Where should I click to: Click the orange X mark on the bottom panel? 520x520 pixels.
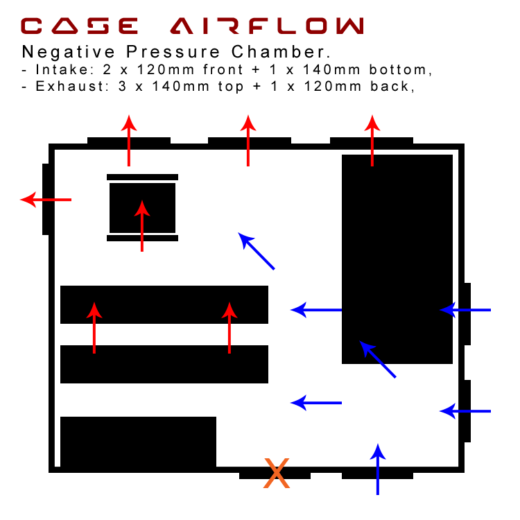click(x=277, y=474)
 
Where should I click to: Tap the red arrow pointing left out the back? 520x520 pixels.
click(x=46, y=200)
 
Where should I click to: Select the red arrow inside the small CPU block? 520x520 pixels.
click(x=142, y=226)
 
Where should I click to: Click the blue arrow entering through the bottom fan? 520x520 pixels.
click(x=378, y=469)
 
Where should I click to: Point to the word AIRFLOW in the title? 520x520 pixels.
click(x=267, y=26)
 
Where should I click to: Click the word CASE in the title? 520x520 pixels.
click(x=79, y=26)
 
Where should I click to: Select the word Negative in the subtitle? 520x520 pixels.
click(x=69, y=52)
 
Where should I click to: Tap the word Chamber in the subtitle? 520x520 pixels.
click(x=281, y=52)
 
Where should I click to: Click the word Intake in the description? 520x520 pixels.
click(x=62, y=69)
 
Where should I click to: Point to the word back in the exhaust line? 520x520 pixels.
click(x=392, y=86)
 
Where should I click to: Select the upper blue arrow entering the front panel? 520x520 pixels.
click(x=465, y=310)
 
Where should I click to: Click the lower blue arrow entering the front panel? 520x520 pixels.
click(x=465, y=411)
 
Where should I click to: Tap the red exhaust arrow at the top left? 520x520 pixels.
click(x=129, y=141)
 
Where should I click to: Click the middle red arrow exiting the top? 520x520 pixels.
click(x=248, y=141)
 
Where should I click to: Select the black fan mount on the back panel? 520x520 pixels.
click(x=46, y=199)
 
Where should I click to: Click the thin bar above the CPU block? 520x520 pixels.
click(x=142, y=177)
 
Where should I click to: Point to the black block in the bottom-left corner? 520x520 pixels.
click(x=138, y=442)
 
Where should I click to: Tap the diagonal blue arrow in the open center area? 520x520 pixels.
click(x=256, y=251)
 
